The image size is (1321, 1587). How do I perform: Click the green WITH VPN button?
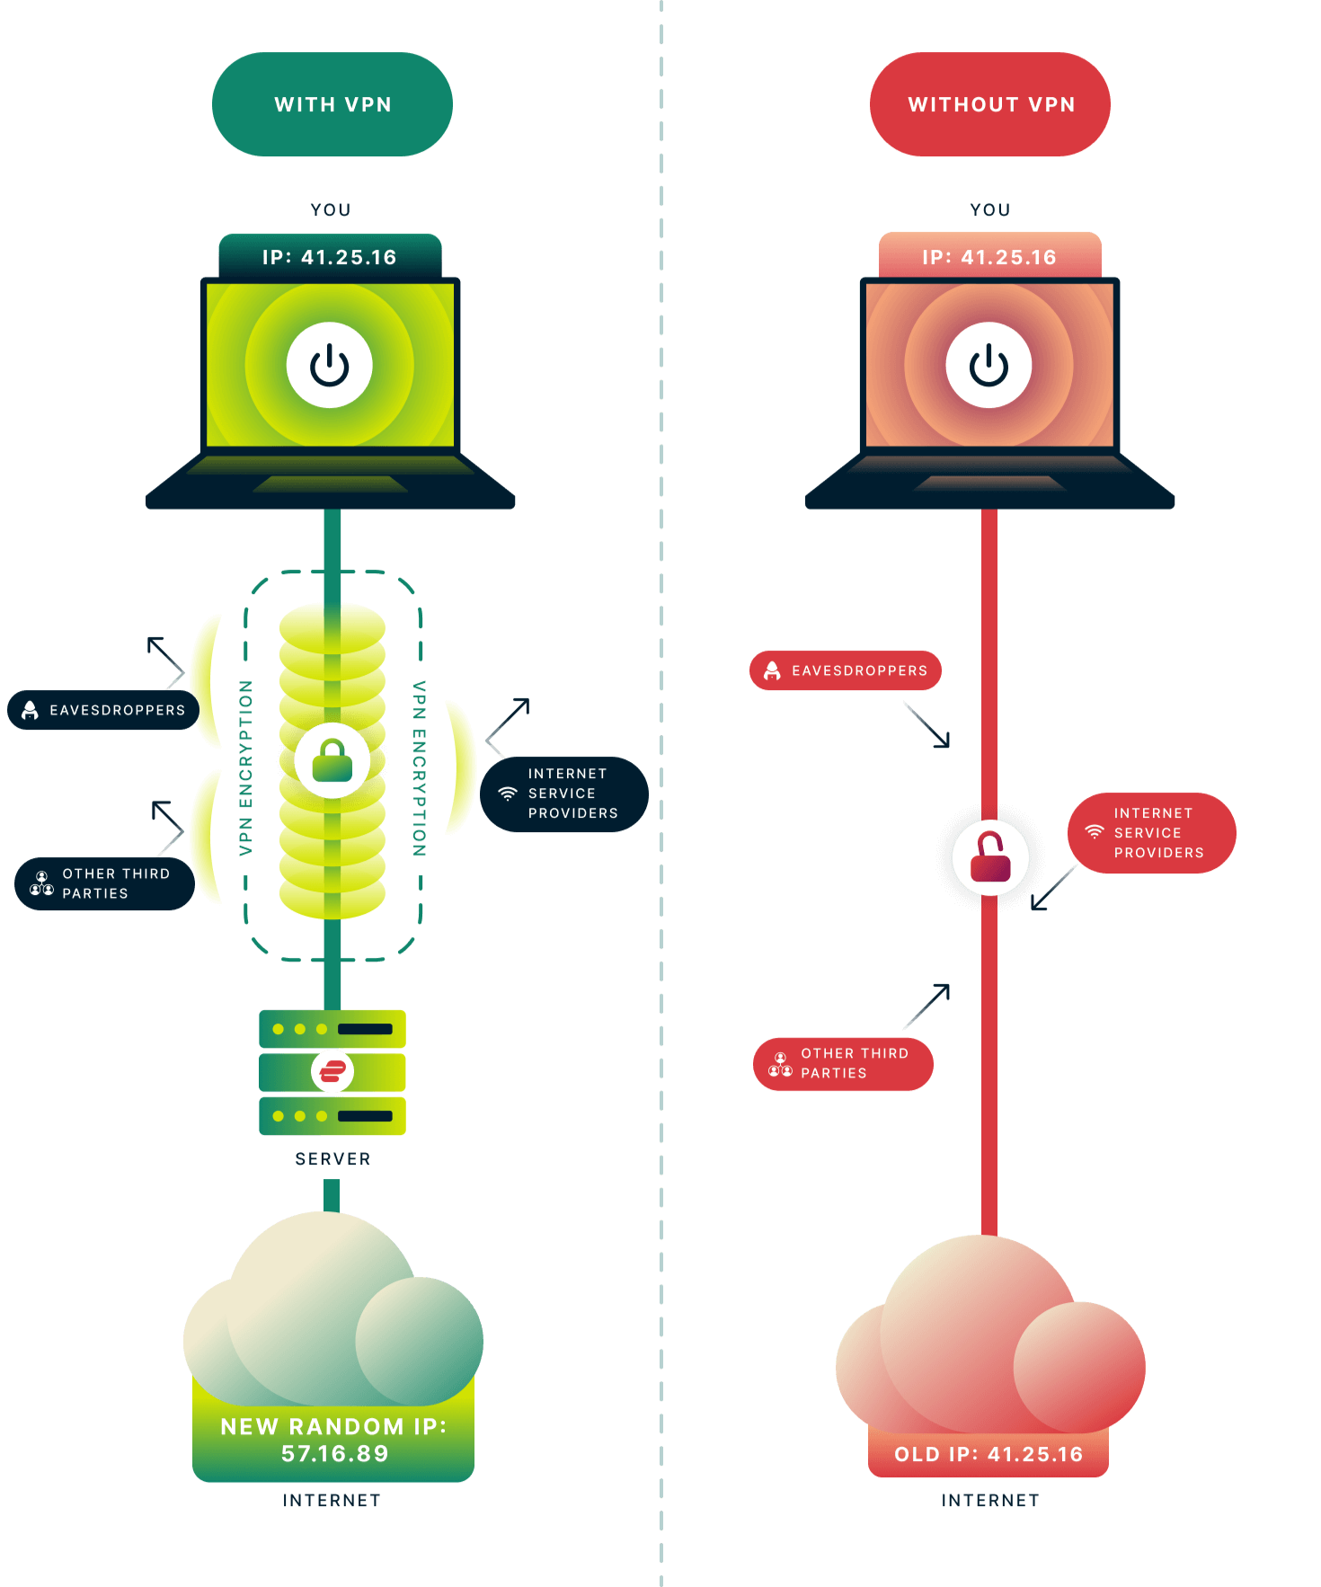coord(332,104)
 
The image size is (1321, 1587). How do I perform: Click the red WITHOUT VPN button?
coord(989,104)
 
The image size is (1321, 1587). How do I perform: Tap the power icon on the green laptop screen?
coord(330,365)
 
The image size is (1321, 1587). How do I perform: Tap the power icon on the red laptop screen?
coord(989,365)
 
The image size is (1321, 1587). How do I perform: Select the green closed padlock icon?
coord(332,760)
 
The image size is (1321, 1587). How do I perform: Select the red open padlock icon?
coord(990,856)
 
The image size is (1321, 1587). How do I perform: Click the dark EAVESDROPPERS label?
coord(103,710)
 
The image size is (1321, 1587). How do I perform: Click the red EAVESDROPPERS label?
coord(845,670)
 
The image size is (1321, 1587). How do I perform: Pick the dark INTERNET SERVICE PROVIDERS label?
coord(564,793)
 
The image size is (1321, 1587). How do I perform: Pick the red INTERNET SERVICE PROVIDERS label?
coord(1151,833)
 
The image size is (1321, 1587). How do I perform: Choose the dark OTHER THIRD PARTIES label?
coord(104,883)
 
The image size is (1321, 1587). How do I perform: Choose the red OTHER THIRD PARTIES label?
coord(843,1064)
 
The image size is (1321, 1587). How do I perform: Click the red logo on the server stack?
coord(332,1071)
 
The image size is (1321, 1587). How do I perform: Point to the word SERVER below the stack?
coord(332,1159)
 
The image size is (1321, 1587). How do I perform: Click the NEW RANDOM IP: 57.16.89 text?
coord(333,1440)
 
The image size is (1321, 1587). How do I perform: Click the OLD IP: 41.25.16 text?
coord(989,1454)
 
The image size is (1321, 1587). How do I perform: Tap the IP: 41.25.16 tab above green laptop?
coord(330,257)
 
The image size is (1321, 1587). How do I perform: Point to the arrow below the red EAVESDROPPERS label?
coord(928,726)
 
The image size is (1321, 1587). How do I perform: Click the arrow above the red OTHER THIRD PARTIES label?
coord(928,1005)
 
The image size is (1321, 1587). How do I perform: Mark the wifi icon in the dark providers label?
coord(508,793)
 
